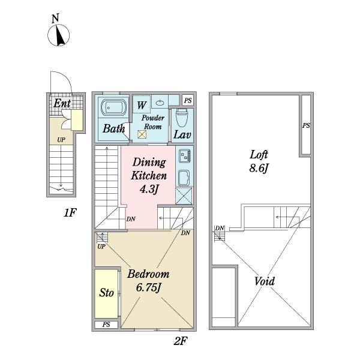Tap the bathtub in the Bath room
(x=113, y=107)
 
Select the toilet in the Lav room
(x=182, y=118)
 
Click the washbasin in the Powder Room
(x=160, y=103)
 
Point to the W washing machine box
(x=142, y=104)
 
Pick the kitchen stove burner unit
(x=184, y=156)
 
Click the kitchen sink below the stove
(x=184, y=178)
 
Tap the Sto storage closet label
(x=106, y=293)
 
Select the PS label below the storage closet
(x=106, y=325)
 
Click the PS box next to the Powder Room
(x=188, y=100)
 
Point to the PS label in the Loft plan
(x=306, y=125)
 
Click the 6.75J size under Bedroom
(x=148, y=287)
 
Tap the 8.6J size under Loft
(x=259, y=168)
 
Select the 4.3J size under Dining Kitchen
(x=149, y=190)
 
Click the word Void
(x=265, y=281)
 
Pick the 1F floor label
(x=70, y=213)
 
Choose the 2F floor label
(x=181, y=341)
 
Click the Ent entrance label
(x=62, y=103)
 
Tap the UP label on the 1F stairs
(x=61, y=140)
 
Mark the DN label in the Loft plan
(x=220, y=228)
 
